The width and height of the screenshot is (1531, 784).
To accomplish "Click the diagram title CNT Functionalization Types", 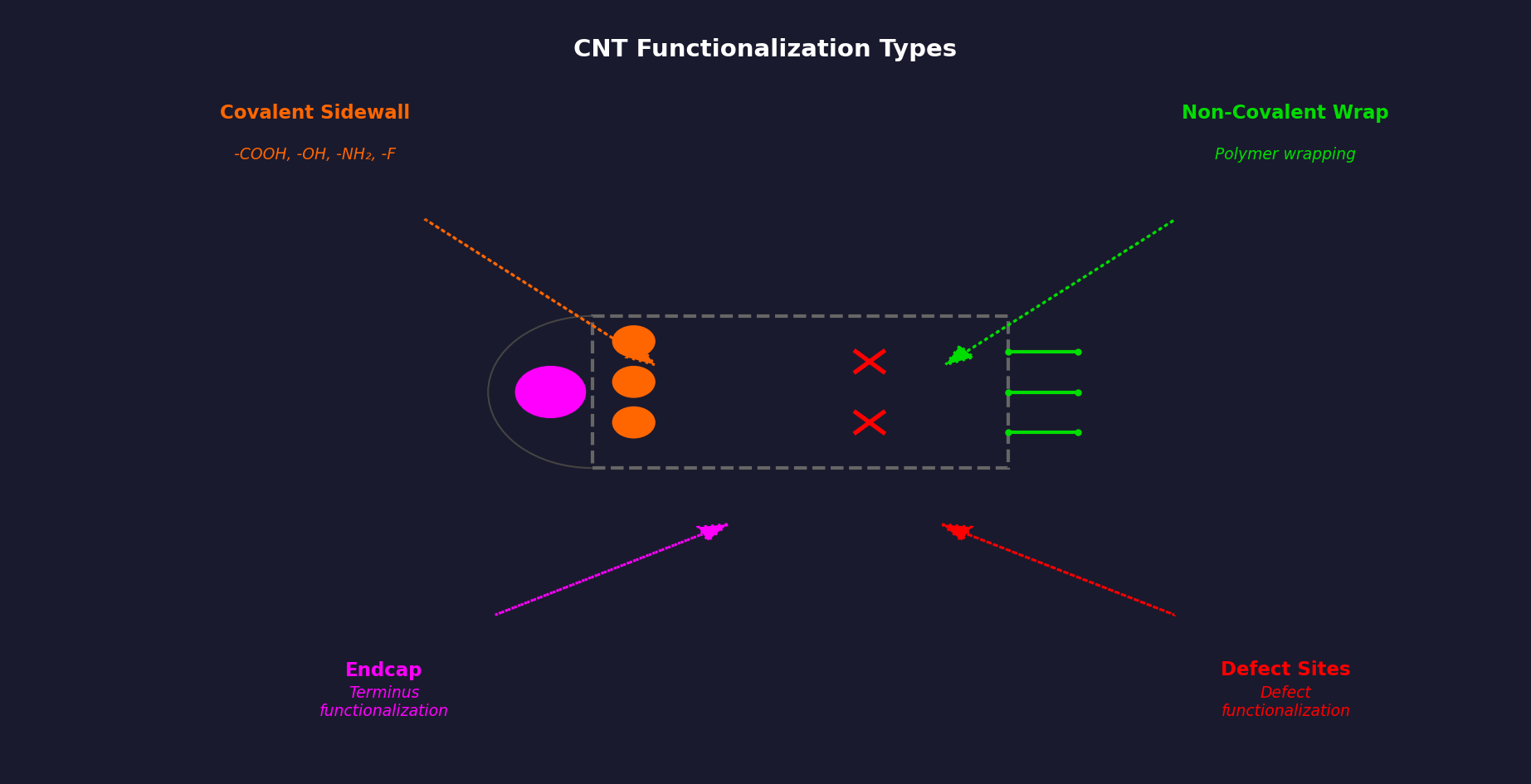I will (x=764, y=50).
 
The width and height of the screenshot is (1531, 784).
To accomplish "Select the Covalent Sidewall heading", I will (x=314, y=113).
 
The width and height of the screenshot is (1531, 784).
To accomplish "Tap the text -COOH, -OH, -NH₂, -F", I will (x=314, y=155).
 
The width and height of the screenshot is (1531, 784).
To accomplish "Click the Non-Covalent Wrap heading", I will (x=1284, y=113).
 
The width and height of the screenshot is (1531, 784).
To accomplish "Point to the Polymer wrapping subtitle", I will (x=1284, y=155).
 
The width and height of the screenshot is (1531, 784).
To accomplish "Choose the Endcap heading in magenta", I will (x=383, y=670).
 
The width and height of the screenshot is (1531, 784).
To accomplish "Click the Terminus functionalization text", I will (x=383, y=702).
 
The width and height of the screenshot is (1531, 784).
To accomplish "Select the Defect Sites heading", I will (x=1285, y=670).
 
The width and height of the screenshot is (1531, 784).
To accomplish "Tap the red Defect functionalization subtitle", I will (x=1285, y=702).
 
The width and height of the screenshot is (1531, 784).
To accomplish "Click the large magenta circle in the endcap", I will (x=550, y=392).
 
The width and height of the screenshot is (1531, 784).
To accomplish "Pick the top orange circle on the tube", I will (x=633, y=340).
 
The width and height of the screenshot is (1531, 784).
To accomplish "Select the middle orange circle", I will (x=633, y=382).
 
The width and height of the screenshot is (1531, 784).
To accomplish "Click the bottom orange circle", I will (x=633, y=422).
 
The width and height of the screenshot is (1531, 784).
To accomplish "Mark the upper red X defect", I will (x=869, y=362).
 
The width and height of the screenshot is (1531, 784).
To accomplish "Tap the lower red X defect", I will (x=869, y=422).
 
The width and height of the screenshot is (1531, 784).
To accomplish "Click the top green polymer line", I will (x=1042, y=352).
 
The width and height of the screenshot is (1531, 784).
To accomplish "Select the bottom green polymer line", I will (x=1042, y=432).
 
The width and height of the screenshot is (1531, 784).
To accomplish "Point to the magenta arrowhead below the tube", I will (x=710, y=531).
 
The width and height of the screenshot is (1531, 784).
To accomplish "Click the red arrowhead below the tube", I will (x=959, y=531).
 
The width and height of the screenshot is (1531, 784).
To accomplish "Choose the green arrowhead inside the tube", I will (x=959, y=356).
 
